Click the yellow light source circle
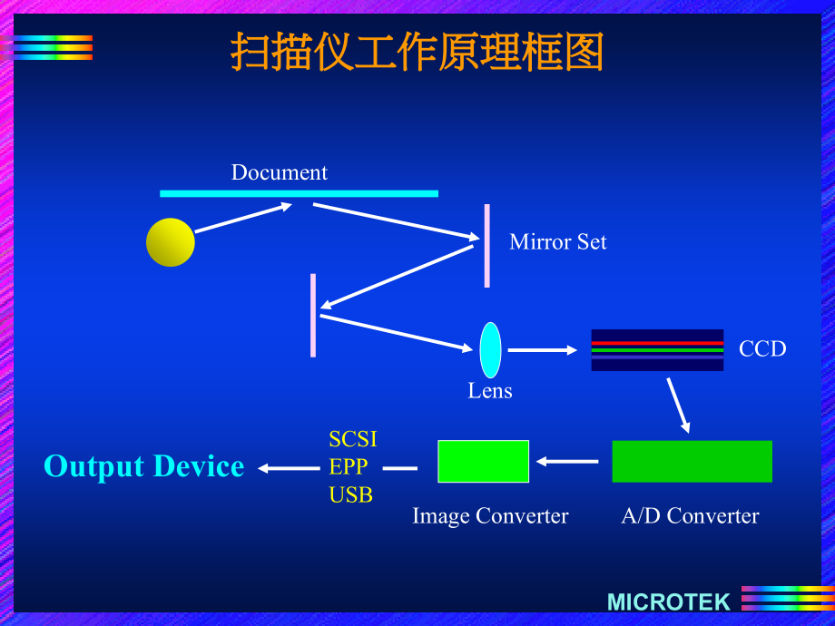coord(171,242)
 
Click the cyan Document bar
coord(299,193)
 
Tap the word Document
coord(279,172)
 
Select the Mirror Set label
coord(557,242)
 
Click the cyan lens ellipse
coord(490,350)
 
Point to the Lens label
coord(490,391)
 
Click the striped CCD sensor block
coord(657,350)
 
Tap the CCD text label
coord(762,349)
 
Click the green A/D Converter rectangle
coord(692,461)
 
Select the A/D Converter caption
coord(690,516)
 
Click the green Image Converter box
coord(483,461)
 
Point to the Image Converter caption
coord(490,516)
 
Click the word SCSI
coord(352,439)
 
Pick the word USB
coord(350,495)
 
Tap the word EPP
coord(348,467)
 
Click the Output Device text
coord(143,466)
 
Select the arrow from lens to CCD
coord(542,350)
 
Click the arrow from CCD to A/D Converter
coord(678,405)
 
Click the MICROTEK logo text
coord(668,602)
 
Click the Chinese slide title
coord(417,53)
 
